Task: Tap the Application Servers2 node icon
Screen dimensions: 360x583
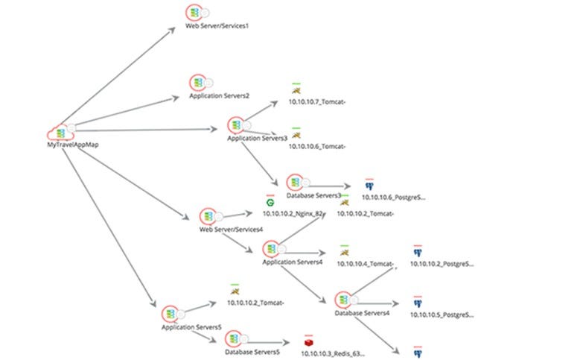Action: pos(197,83)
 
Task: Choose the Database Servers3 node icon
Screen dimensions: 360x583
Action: pos(294,183)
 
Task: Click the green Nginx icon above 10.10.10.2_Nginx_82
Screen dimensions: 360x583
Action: pos(270,202)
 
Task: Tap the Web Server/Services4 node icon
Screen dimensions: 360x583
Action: pos(208,216)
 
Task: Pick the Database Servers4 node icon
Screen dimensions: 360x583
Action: pos(343,300)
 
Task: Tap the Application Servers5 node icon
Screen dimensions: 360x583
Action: pos(171,314)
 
